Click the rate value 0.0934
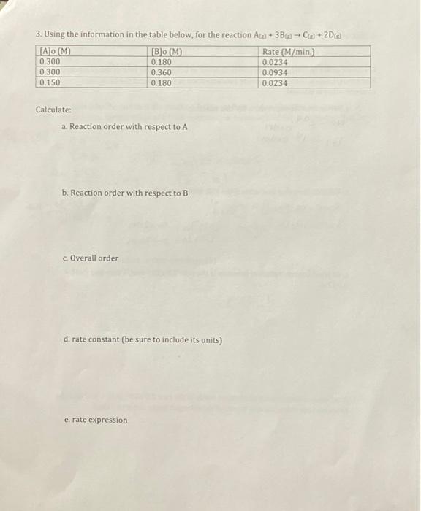point(275,73)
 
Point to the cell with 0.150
point(50,83)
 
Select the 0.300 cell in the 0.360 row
point(50,73)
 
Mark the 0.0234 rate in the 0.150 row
point(275,83)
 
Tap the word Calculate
point(53,109)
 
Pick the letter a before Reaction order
point(64,127)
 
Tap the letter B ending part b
point(185,193)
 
